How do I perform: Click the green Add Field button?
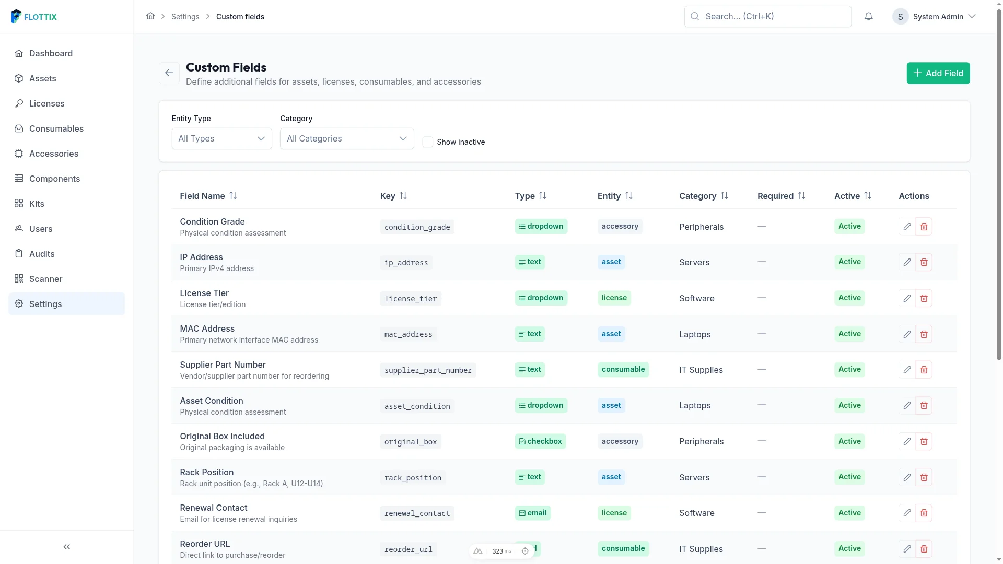tap(938, 73)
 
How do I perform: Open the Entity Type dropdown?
tap(221, 138)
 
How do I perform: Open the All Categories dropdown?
tap(347, 138)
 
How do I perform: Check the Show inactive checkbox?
tap(428, 142)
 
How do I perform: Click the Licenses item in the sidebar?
tap(46, 103)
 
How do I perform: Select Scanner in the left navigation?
tap(45, 279)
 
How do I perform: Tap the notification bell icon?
tap(868, 17)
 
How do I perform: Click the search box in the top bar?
tap(768, 17)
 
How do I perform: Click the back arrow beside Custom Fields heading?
tap(169, 73)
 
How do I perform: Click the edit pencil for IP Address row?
tap(907, 262)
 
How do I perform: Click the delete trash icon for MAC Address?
tap(924, 334)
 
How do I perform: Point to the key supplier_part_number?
tap(428, 370)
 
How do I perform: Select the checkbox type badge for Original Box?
tap(540, 441)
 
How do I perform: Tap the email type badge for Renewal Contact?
tap(532, 513)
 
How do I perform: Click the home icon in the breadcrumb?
tap(150, 16)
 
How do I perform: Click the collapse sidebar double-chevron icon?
tap(67, 547)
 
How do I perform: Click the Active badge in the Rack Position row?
tap(849, 477)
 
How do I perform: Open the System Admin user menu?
tap(934, 17)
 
